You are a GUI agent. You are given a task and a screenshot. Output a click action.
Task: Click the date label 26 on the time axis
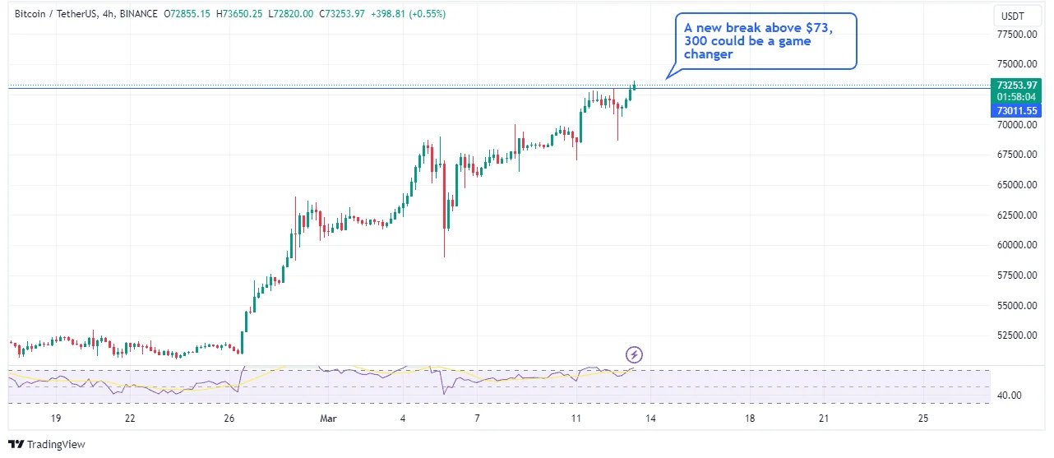[229, 419]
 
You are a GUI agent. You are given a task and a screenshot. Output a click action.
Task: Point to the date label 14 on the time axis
[650, 419]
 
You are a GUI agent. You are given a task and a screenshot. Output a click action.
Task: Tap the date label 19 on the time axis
[55, 419]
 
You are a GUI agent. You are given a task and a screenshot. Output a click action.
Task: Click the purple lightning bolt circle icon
[635, 355]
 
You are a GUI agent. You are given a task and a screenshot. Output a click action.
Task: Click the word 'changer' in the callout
[708, 55]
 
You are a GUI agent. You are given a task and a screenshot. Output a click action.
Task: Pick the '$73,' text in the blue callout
[817, 28]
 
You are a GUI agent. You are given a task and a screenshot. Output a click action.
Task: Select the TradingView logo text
[56, 445]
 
